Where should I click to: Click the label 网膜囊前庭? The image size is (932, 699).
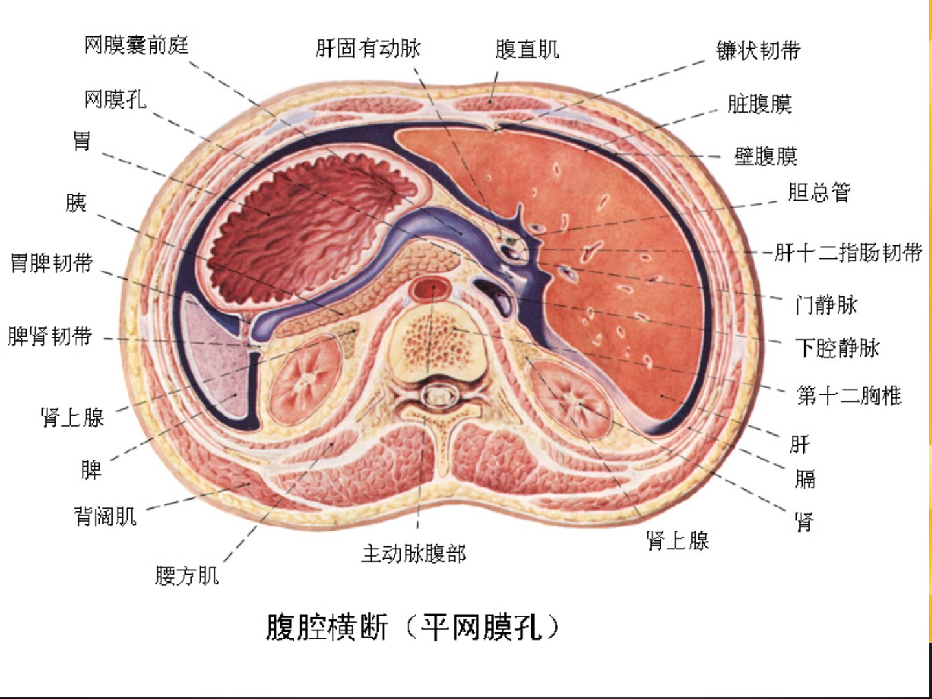[x=137, y=45]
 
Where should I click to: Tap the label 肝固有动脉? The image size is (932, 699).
[x=368, y=49]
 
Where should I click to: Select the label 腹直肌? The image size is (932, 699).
[x=527, y=49]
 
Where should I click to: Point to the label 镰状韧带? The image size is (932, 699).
[x=759, y=50]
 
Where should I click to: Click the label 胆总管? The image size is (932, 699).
[x=819, y=192]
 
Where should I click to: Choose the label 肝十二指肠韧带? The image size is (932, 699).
[x=849, y=252]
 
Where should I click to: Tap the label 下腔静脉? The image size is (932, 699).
[x=837, y=348]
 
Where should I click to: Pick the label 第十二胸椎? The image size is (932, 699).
[x=849, y=395]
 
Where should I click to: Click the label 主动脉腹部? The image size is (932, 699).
[x=414, y=553]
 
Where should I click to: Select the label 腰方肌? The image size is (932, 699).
[x=187, y=575]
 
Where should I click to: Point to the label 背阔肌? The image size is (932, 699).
[x=105, y=516]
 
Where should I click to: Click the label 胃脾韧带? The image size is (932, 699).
[x=51, y=263]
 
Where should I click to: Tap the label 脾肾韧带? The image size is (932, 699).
[x=50, y=337]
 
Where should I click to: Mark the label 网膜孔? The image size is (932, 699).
[x=115, y=100]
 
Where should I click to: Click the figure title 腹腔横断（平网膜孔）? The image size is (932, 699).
[x=412, y=627]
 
